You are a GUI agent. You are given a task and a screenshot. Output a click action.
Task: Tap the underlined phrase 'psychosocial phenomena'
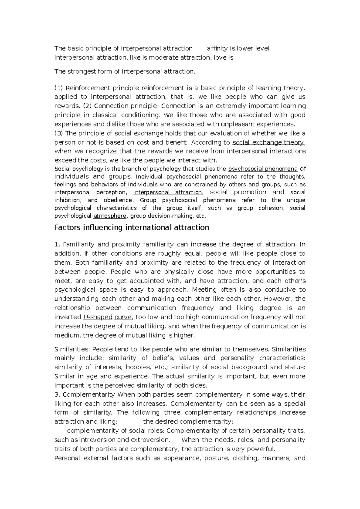pyautogui.click(x=263, y=168)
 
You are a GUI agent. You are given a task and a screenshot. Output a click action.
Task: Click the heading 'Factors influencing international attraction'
pyautogui.click(x=131, y=228)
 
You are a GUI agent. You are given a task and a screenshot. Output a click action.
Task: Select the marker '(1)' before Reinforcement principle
pyautogui.click(x=59, y=88)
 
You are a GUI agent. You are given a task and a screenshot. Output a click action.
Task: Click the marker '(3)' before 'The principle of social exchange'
pyautogui.click(x=59, y=133)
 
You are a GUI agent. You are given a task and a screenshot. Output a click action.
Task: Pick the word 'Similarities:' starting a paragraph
pyautogui.click(x=72, y=349)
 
